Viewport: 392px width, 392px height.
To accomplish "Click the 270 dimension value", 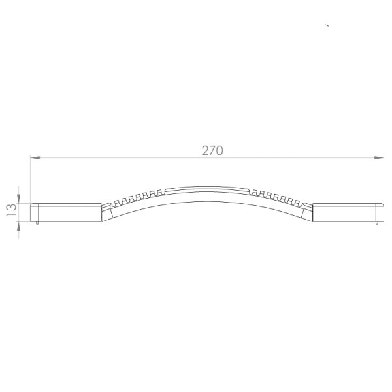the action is click(x=212, y=150).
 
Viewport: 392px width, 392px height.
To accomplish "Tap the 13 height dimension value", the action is click(x=12, y=210).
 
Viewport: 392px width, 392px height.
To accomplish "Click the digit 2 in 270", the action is click(x=205, y=150).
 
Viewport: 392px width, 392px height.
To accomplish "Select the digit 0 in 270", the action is click(x=220, y=150).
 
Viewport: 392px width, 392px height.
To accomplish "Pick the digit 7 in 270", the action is click(x=212, y=150).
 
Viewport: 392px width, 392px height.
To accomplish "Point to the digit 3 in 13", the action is click(x=12, y=208).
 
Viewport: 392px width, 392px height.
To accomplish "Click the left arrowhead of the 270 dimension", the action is click(x=35, y=157).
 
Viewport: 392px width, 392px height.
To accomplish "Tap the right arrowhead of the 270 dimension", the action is click(x=379, y=157).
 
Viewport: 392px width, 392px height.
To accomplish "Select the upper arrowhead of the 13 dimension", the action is click(x=18, y=199).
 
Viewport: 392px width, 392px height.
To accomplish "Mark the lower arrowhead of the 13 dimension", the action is click(x=18, y=227).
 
